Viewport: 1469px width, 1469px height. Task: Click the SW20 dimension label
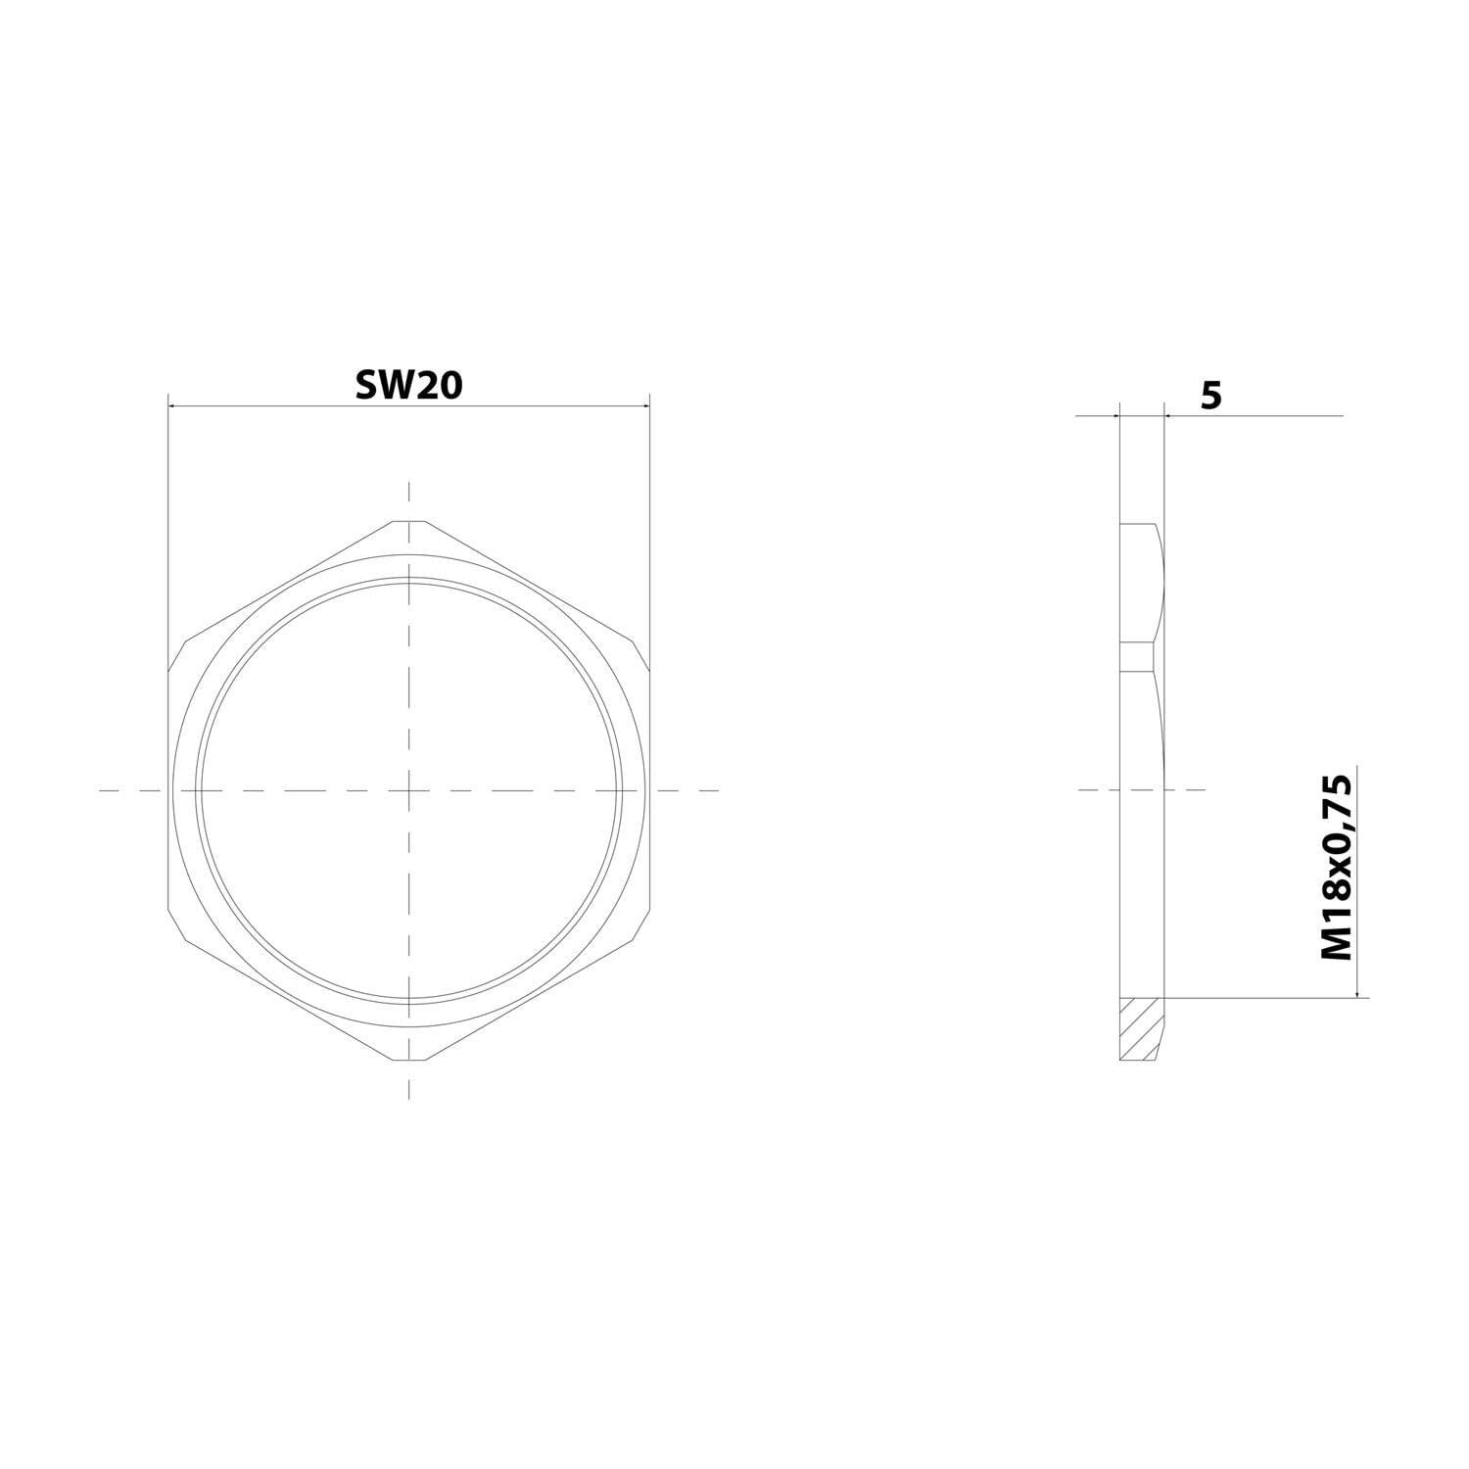[408, 386]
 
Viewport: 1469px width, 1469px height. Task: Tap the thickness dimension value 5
[1211, 396]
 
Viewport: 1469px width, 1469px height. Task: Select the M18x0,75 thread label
[1336, 867]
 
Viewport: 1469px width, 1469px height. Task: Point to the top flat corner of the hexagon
[409, 521]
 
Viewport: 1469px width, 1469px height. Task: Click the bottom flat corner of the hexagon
[409, 1060]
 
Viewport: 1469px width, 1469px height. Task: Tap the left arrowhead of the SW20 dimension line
[174, 405]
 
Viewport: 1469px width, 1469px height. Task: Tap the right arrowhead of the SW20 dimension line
[642, 405]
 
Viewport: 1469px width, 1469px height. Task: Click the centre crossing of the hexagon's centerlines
[409, 789]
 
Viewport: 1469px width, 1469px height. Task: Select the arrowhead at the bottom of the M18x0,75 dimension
[1356, 992]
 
